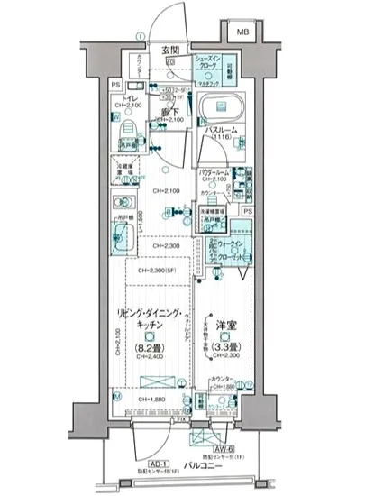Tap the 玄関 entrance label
tap(170, 51)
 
